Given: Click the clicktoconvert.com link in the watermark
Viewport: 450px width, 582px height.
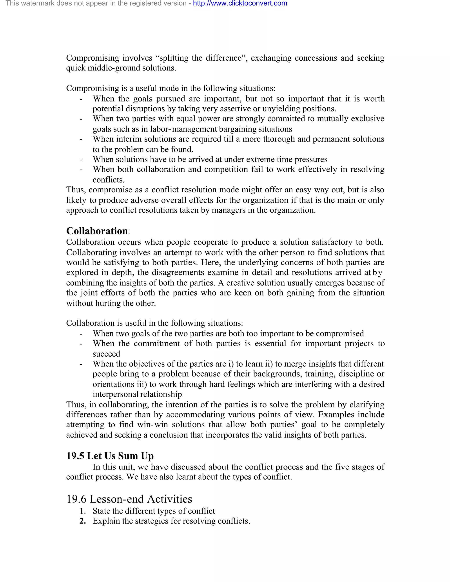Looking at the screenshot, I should [x=240, y=4].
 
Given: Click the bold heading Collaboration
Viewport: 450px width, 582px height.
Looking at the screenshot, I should [x=97, y=231].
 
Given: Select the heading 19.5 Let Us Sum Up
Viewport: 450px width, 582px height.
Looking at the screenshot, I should [x=110, y=456].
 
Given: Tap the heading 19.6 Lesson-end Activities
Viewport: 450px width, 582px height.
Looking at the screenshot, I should [x=129, y=499].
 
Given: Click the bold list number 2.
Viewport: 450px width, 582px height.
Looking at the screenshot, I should [x=83, y=521].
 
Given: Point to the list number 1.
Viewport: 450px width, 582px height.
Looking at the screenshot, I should [x=83, y=511].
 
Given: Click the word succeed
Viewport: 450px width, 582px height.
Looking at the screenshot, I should [x=106, y=354].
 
